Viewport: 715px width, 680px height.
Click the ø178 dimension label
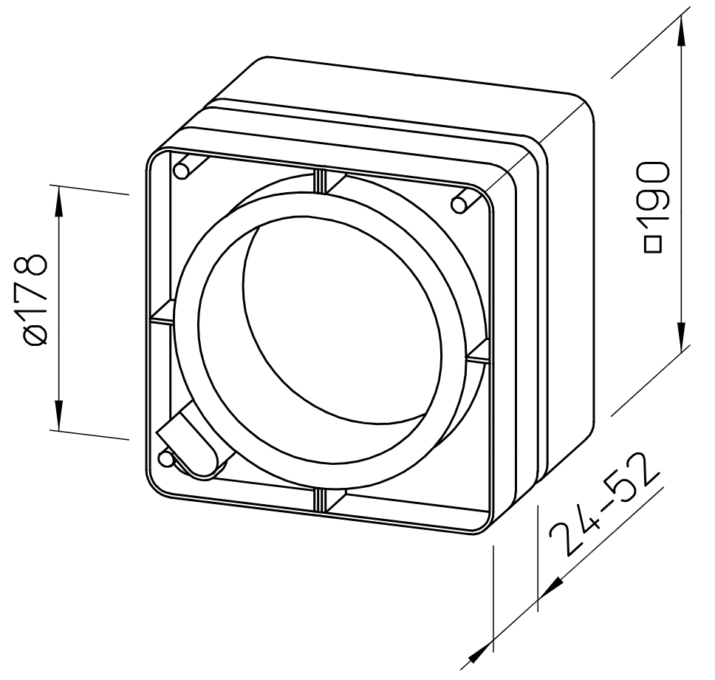pyautogui.click(x=34, y=299)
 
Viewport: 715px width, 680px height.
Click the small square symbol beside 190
pyautogui.click(x=654, y=245)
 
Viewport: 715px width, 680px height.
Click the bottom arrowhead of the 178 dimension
pyautogui.click(x=58, y=415)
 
